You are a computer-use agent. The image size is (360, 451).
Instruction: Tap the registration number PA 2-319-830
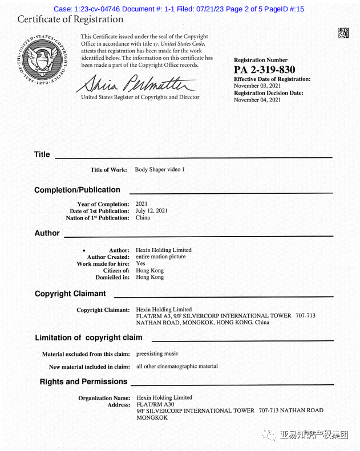coord(264,70)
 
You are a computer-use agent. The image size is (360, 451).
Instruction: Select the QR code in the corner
coord(343,32)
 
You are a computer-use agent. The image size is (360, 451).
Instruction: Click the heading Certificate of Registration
coord(70,19)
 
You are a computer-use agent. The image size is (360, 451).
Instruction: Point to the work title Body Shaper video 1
coord(160,169)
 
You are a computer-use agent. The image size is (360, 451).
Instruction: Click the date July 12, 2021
coord(151,211)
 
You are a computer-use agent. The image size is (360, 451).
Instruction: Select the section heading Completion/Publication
coord(77,190)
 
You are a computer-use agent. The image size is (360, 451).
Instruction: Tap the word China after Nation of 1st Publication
coord(143,218)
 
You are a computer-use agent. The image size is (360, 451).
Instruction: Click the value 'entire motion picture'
coord(160,257)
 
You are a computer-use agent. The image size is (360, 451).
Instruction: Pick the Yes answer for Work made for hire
coord(140,263)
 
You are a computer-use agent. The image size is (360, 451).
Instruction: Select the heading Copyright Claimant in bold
coord(70,294)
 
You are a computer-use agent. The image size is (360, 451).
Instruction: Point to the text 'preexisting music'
coord(157,354)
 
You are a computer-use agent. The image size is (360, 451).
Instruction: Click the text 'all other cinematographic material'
coord(177,366)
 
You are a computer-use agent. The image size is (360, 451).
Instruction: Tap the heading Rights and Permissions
coord(83,381)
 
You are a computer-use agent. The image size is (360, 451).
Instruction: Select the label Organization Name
coord(104,398)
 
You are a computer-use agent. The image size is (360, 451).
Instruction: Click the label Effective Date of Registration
coord(272,79)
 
